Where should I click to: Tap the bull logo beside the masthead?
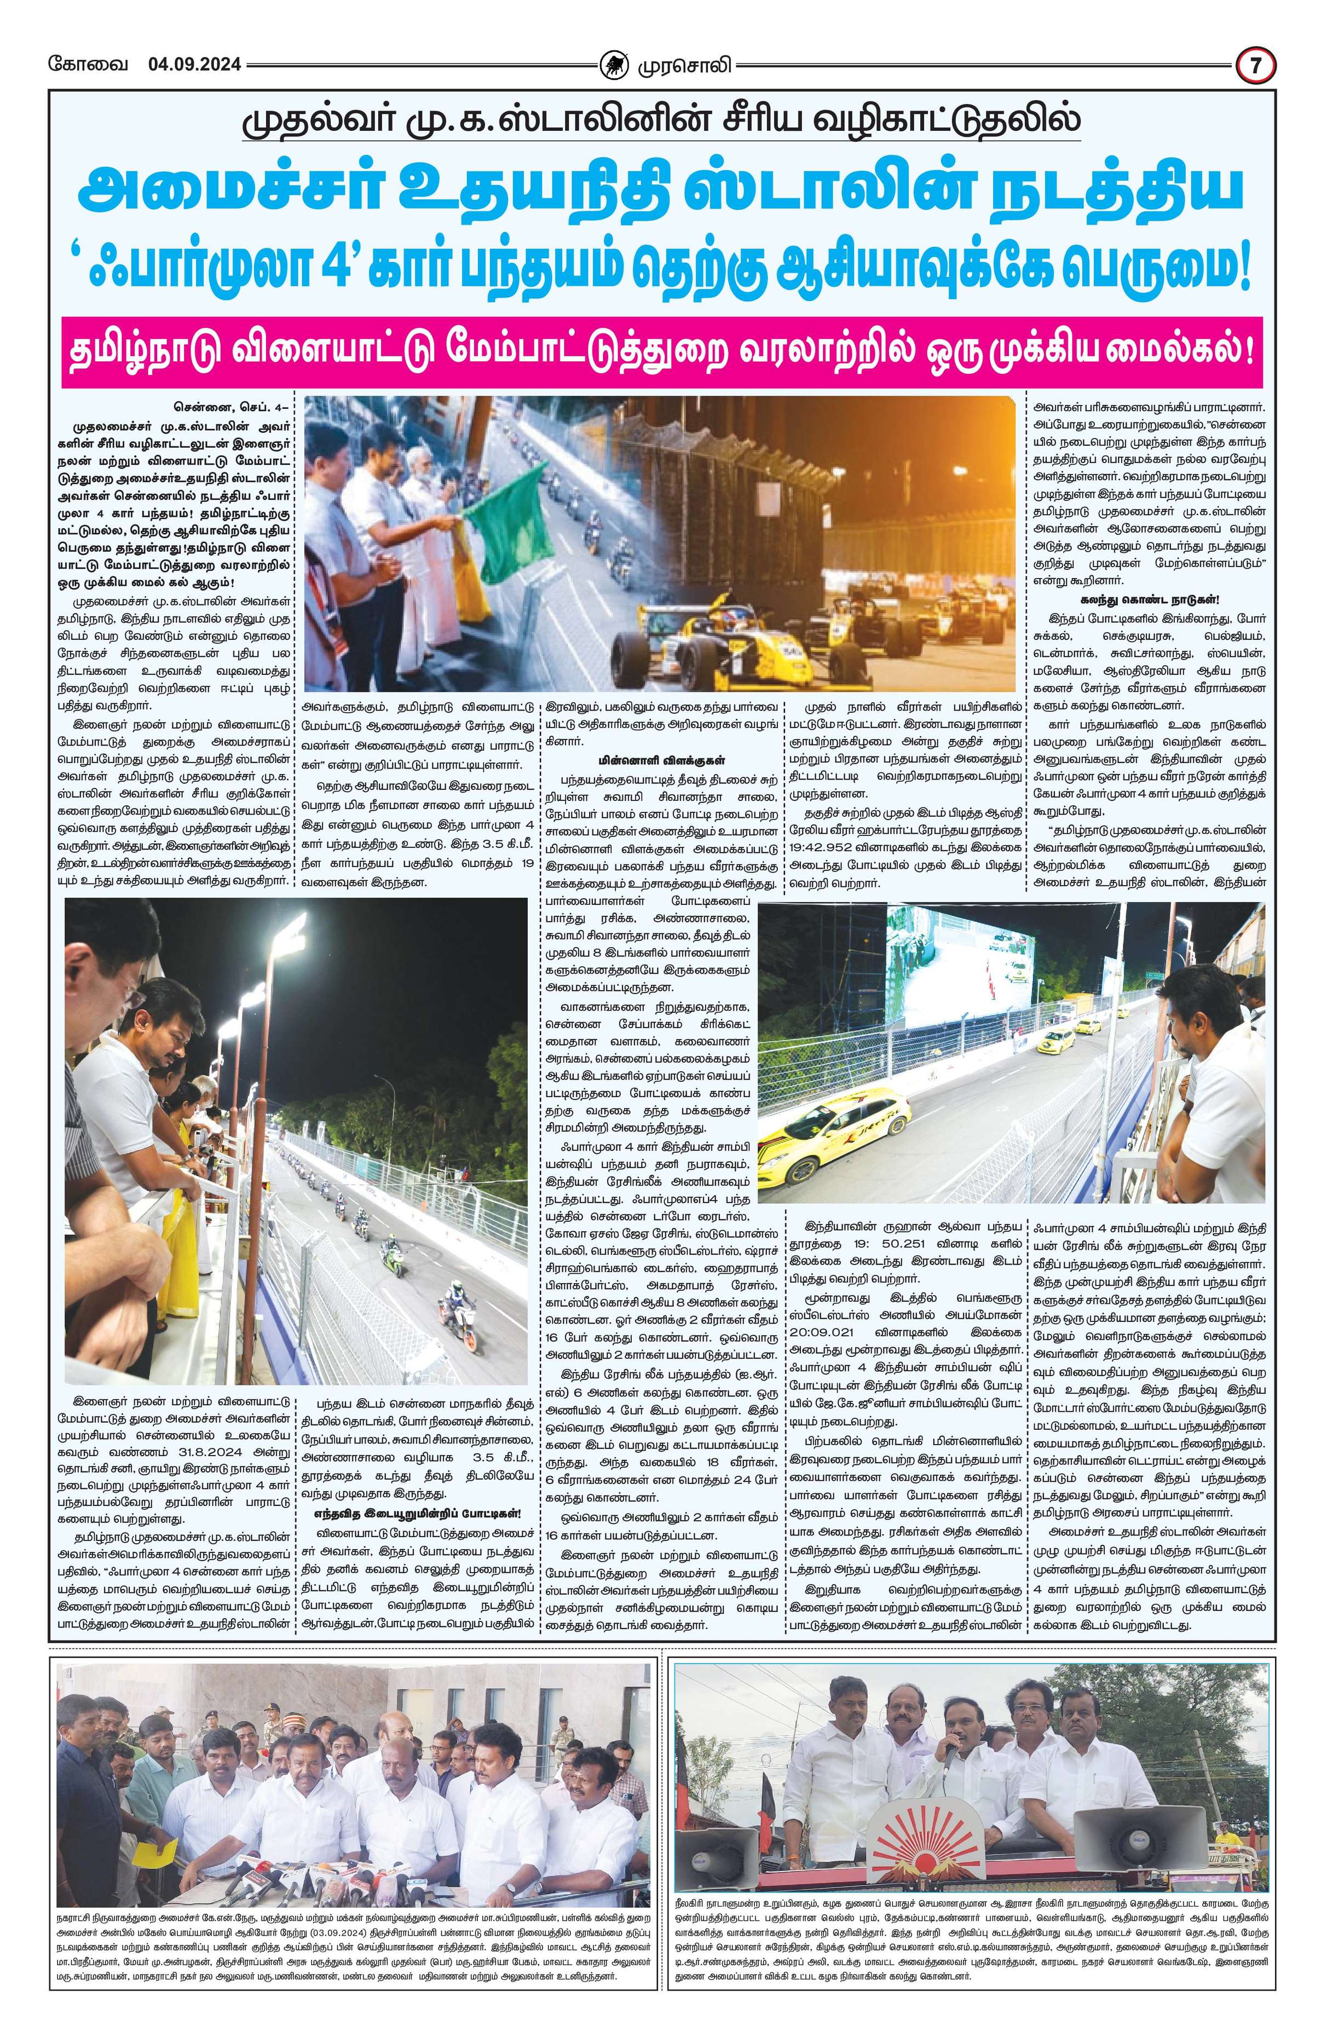click(x=613, y=65)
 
